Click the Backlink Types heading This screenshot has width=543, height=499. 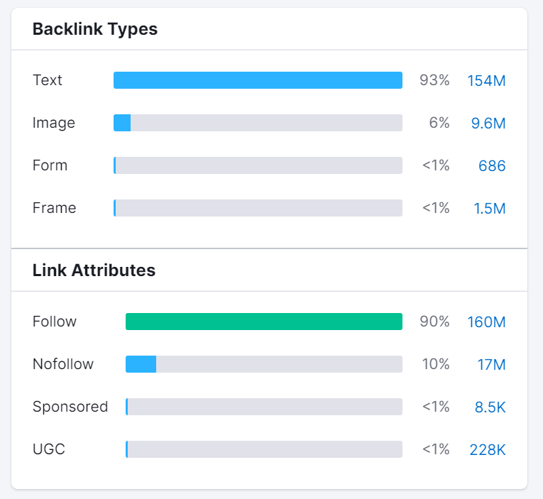[x=95, y=29]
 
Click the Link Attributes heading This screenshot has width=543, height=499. [x=94, y=270]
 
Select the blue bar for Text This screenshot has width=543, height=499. [x=258, y=80]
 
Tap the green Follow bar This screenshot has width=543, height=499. [x=263, y=322]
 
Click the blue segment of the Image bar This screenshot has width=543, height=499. [x=122, y=123]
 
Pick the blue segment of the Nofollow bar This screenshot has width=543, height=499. [x=141, y=364]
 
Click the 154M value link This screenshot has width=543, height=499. [x=486, y=81]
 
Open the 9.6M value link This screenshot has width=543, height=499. [x=488, y=124]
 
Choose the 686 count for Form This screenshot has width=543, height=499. [x=492, y=166]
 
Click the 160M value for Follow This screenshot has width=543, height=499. [x=486, y=322]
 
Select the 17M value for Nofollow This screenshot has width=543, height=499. [x=491, y=365]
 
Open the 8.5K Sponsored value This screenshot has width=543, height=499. [x=490, y=407]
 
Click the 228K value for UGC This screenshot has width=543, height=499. [x=488, y=450]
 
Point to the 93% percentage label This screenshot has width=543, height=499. [x=434, y=80]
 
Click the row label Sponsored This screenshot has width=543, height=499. [x=70, y=407]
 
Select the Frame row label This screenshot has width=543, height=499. [x=54, y=208]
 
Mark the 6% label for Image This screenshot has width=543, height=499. [x=439, y=123]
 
